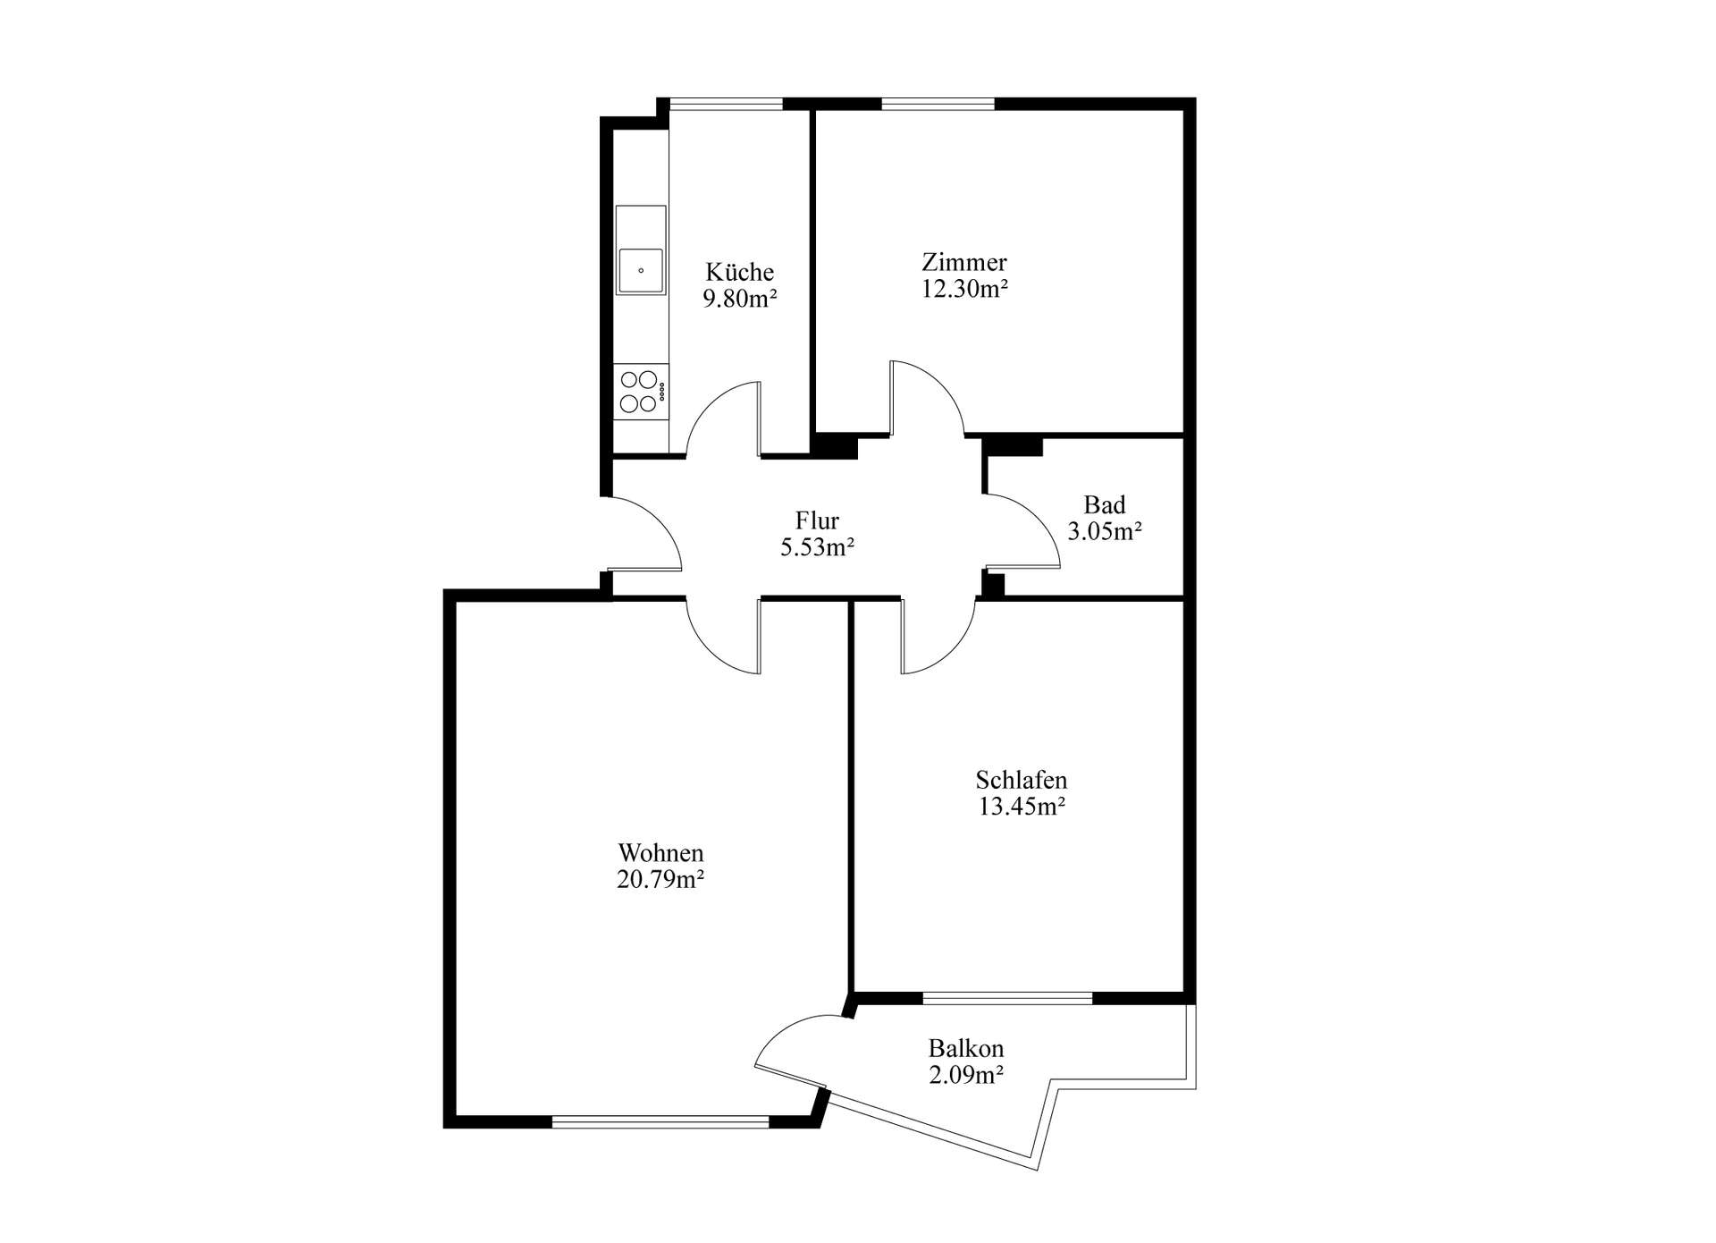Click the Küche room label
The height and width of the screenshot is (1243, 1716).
click(x=739, y=271)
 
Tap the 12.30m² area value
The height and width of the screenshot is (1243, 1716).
click(x=964, y=289)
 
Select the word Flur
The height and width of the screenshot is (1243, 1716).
click(x=817, y=520)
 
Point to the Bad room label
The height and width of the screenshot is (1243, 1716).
click(x=1105, y=504)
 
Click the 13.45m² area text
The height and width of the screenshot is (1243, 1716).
click(x=1022, y=807)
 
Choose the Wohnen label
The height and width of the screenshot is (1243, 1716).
click(x=660, y=853)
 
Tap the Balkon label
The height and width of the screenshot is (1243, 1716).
click(x=966, y=1048)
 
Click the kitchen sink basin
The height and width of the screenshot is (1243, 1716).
click(x=641, y=270)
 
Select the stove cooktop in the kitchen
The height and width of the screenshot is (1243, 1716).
click(x=641, y=392)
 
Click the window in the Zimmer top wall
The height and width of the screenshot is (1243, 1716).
click(x=938, y=104)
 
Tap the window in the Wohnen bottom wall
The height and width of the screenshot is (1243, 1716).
click(x=660, y=1121)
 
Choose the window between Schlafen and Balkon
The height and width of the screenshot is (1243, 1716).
click(x=1007, y=998)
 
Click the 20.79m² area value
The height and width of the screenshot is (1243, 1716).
click(x=660, y=880)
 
